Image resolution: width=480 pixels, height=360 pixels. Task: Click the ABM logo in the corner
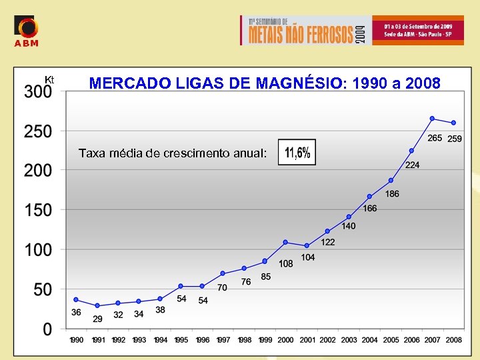[x=26, y=31]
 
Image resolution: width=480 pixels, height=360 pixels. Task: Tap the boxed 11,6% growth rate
[x=297, y=153]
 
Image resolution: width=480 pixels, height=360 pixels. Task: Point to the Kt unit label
[x=49, y=80]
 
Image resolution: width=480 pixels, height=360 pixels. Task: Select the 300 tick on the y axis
[x=38, y=93]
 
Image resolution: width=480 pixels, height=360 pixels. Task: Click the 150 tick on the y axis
[x=38, y=210]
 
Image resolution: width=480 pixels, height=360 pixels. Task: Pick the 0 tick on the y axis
[x=47, y=329]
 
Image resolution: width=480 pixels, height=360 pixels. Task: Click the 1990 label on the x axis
[x=77, y=340]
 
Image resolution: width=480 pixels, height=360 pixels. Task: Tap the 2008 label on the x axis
[x=454, y=340]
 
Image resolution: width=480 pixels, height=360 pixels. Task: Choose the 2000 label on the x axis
[x=285, y=340]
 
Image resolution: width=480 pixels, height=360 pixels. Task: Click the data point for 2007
[x=432, y=119]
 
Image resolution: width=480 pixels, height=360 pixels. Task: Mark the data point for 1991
[x=97, y=305]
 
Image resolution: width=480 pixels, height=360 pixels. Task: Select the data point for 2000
[x=285, y=242]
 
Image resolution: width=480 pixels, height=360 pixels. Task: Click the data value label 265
[x=435, y=138]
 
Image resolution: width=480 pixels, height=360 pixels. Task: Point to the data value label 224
[x=412, y=165]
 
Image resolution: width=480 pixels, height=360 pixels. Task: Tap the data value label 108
[x=286, y=263]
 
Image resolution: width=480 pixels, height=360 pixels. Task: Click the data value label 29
[x=97, y=319]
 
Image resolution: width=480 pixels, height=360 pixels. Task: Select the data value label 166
[x=370, y=209]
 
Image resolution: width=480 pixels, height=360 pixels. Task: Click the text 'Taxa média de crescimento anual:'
[x=173, y=153]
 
